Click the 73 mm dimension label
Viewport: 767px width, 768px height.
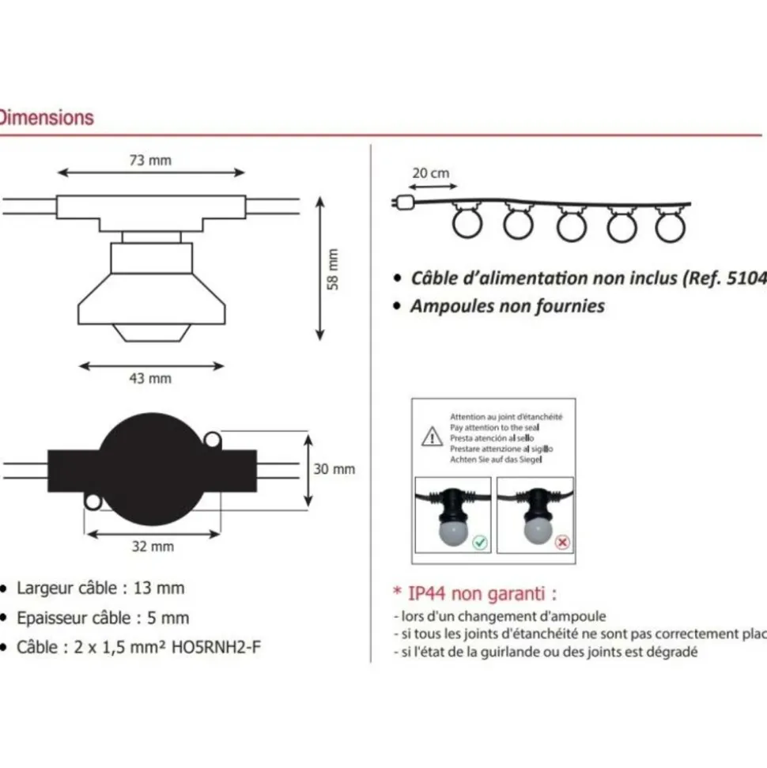click(x=150, y=160)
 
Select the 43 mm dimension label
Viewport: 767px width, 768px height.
click(x=150, y=378)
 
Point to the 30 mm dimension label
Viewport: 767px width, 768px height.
click(x=334, y=469)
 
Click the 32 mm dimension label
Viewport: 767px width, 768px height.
click(x=152, y=547)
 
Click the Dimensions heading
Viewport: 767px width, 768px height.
click(x=46, y=118)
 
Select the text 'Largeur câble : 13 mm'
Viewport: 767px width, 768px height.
click(x=100, y=588)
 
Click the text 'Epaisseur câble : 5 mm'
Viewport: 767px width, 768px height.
click(x=103, y=618)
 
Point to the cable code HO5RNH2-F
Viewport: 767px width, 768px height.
click(x=216, y=648)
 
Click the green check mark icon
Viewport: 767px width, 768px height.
click(x=481, y=543)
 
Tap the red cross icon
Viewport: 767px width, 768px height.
click(x=562, y=543)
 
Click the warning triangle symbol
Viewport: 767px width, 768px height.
click(x=431, y=437)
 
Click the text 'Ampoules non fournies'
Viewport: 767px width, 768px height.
click(x=507, y=306)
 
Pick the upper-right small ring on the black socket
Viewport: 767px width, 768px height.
click(x=211, y=439)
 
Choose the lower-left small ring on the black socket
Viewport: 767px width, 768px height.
click(x=93, y=501)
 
